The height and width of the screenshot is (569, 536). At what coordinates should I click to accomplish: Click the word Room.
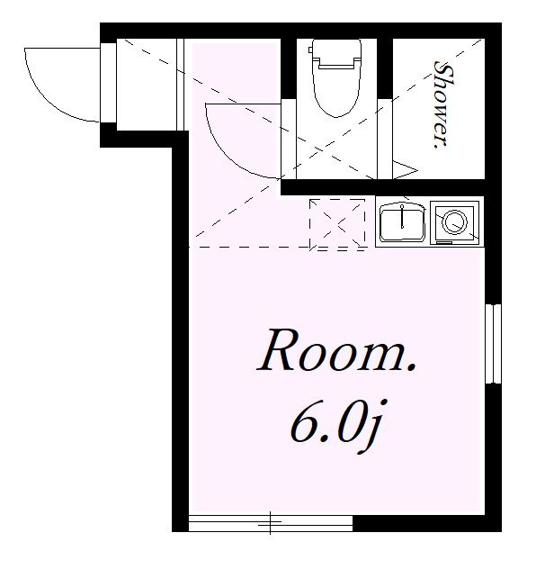[x=337, y=350]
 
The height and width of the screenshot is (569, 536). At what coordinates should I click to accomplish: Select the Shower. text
[x=443, y=104]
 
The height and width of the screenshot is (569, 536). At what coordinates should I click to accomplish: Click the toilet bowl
[x=336, y=92]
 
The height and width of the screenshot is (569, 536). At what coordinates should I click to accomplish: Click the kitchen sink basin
[x=402, y=222]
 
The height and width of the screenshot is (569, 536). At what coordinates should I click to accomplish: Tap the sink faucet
[x=402, y=217]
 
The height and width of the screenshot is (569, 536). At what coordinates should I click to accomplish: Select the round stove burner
[x=455, y=221]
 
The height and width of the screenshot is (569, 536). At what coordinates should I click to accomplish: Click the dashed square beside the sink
[x=337, y=224]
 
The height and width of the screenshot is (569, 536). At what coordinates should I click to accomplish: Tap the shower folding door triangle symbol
[x=405, y=170]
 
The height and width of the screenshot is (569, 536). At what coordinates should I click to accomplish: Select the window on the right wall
[x=493, y=344]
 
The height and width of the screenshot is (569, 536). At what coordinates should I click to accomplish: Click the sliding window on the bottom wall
[x=271, y=522]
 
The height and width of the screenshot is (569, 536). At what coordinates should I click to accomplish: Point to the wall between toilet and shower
[x=385, y=68]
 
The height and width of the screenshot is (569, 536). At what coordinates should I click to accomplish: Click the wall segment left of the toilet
[x=289, y=68]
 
